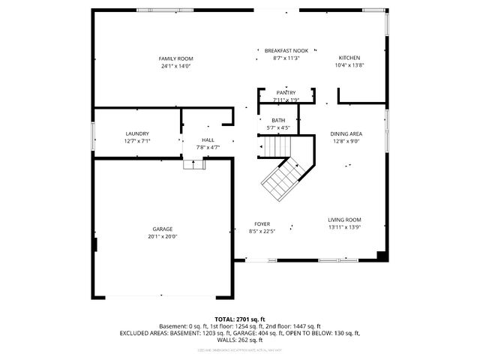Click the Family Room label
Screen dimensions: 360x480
[x=175, y=58]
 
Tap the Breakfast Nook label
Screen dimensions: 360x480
[x=286, y=50]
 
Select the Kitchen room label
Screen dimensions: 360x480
[x=349, y=58]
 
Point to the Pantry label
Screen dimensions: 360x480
[x=286, y=92]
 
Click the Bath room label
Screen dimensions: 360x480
[x=278, y=121]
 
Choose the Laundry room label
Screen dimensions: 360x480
[x=137, y=133]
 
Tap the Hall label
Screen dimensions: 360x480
[x=208, y=140]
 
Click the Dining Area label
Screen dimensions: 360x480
[x=345, y=133]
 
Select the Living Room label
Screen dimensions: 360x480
[x=345, y=220]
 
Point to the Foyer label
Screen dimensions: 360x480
[x=262, y=223]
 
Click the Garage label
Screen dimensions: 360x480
[x=163, y=229]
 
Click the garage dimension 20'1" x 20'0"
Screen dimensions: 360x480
[x=163, y=236]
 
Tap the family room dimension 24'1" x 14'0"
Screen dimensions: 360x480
[x=175, y=66]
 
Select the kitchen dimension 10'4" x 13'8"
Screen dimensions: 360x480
[x=349, y=65]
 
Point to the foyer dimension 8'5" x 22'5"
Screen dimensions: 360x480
[x=262, y=231]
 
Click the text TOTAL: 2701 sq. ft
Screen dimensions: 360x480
[x=240, y=319]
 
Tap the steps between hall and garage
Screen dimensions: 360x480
[x=194, y=163]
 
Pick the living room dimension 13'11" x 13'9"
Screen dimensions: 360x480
[x=345, y=227]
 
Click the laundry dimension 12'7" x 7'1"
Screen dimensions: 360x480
[x=137, y=141]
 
